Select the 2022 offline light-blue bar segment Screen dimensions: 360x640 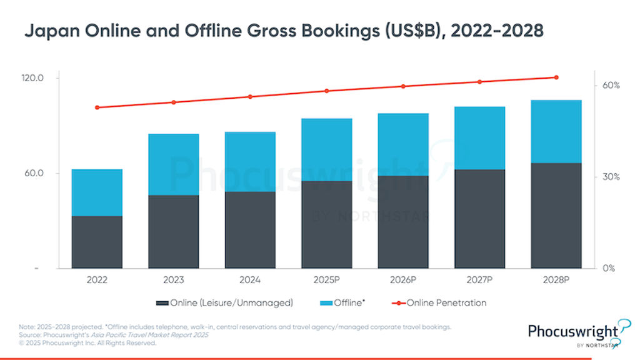pyautogui.click(x=97, y=192)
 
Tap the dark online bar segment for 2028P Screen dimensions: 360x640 pyautogui.click(x=556, y=216)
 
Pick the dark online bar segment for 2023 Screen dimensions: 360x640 pyautogui.click(x=173, y=232)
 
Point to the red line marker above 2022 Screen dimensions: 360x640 pyautogui.click(x=97, y=107)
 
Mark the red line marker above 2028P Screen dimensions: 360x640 pyautogui.click(x=556, y=77)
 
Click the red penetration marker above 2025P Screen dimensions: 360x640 pyautogui.click(x=326, y=91)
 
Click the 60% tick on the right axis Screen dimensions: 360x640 pyautogui.click(x=611, y=86)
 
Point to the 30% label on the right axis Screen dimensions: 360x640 pyautogui.click(x=611, y=177)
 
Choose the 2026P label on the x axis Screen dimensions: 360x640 pyautogui.click(x=403, y=280)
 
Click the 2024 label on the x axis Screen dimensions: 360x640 pyautogui.click(x=250, y=280)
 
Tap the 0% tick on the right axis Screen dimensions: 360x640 pyautogui.click(x=609, y=269)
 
